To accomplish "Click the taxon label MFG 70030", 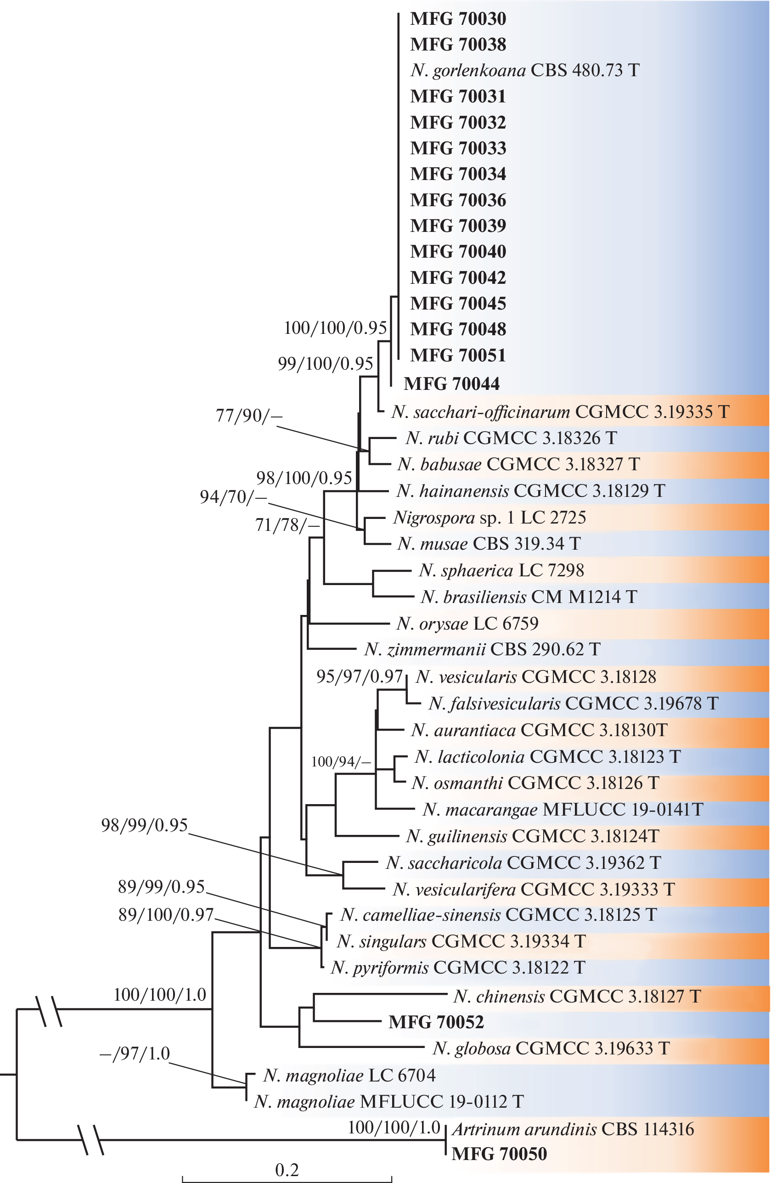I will [x=458, y=19].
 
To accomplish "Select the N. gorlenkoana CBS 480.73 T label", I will [x=524, y=70].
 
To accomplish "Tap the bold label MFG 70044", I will [x=451, y=384].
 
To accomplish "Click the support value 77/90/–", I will [x=248, y=416].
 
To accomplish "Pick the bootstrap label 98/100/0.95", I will [x=304, y=478].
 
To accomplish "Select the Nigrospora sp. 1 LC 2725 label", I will [x=490, y=518].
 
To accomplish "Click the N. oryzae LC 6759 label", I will [x=467, y=623].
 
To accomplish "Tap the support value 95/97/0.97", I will [x=359, y=676].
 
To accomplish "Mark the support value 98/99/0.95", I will [x=144, y=825].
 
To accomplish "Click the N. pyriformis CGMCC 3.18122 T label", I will [x=458, y=967].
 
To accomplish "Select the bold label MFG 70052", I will [x=436, y=1022].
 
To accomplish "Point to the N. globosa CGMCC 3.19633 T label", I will [x=551, y=1048].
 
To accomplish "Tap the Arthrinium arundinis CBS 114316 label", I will [x=573, y=1129].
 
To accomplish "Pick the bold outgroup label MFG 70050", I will [x=499, y=1154].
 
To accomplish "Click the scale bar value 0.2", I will [x=287, y=1170].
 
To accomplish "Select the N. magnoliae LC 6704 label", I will [x=349, y=1075].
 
